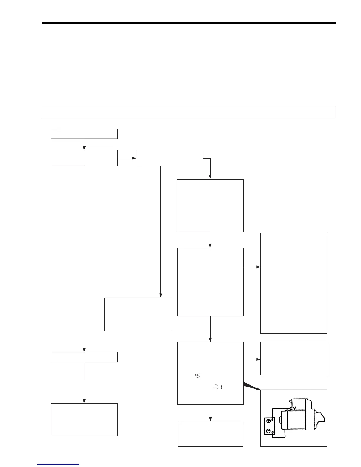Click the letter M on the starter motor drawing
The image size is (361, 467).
(x=294, y=408)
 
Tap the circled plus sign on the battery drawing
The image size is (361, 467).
(x=269, y=421)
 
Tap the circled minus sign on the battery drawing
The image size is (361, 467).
(x=268, y=431)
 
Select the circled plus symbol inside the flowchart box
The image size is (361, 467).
(x=198, y=375)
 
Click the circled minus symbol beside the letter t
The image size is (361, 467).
(x=216, y=387)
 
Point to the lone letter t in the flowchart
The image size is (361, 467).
(x=221, y=387)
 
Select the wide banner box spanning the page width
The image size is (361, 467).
(x=189, y=112)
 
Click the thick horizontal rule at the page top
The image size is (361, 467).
(x=189, y=23)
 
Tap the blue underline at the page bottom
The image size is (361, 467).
(x=58, y=465)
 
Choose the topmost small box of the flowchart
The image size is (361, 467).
(x=84, y=134)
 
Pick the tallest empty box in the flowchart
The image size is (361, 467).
(x=294, y=283)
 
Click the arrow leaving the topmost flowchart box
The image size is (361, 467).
(x=84, y=144)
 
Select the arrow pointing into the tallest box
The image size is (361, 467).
(x=252, y=267)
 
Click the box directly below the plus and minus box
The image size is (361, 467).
(x=211, y=433)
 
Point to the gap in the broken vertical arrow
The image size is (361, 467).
(x=84, y=385)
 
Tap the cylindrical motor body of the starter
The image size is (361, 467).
(x=295, y=420)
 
